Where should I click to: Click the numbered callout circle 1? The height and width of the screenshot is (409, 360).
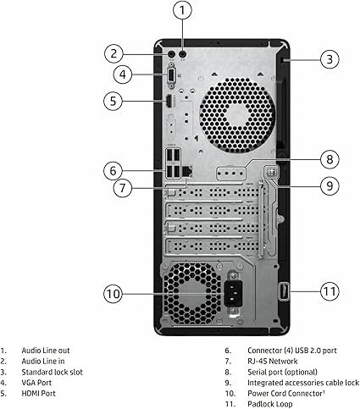pos(182,10)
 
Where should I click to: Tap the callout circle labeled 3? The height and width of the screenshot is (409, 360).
pos(330,59)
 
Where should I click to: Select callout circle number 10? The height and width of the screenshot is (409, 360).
pos(113,294)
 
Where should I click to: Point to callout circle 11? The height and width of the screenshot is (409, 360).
pos(330,291)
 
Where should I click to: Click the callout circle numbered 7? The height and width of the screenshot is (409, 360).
pos(122,188)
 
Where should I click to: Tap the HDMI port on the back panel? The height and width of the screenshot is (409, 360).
pos(169,101)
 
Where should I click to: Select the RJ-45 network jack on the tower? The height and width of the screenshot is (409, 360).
pos(187,171)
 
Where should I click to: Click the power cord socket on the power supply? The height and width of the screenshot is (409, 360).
pos(233,293)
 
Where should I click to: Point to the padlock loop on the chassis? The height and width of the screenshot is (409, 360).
pos(284,291)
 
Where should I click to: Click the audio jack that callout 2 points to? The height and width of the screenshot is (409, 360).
pos(171,53)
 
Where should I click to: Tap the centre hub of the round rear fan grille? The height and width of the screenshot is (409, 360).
pos(236,115)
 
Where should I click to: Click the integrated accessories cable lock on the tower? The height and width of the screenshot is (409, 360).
pos(271,172)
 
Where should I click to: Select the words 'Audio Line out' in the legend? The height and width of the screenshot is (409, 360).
pos(46,351)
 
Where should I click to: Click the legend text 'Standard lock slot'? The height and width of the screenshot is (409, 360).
pos(53,372)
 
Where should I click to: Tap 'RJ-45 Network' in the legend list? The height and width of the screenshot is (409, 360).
pos(273,362)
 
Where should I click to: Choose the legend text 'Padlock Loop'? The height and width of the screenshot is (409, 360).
pos(270,404)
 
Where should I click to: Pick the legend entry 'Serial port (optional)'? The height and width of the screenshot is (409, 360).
pos(282,372)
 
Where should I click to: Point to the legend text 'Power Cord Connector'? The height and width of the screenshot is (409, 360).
pos(285,394)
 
